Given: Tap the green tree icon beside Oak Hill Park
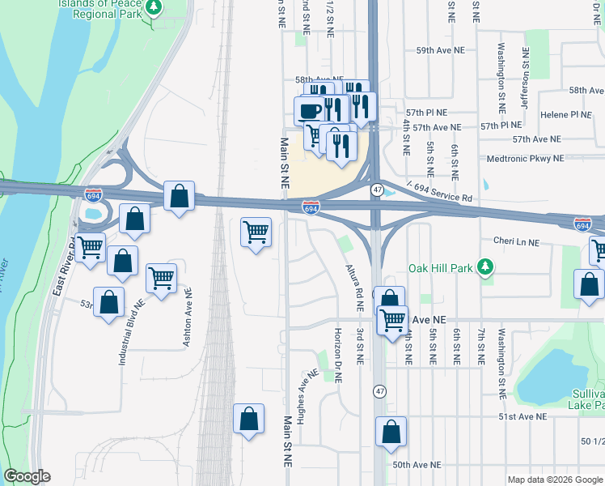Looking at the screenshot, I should (x=485, y=267).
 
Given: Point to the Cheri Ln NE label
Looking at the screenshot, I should (x=516, y=241).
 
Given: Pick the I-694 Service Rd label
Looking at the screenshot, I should (x=440, y=193).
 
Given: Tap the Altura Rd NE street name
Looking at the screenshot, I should (x=350, y=288).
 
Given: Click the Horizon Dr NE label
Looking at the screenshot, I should (x=338, y=356).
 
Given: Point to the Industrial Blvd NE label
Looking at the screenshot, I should (x=129, y=332).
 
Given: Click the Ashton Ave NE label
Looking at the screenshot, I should (x=187, y=318).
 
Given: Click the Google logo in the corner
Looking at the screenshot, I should (x=27, y=476).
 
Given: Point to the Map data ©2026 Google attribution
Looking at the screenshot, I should (x=555, y=480).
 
